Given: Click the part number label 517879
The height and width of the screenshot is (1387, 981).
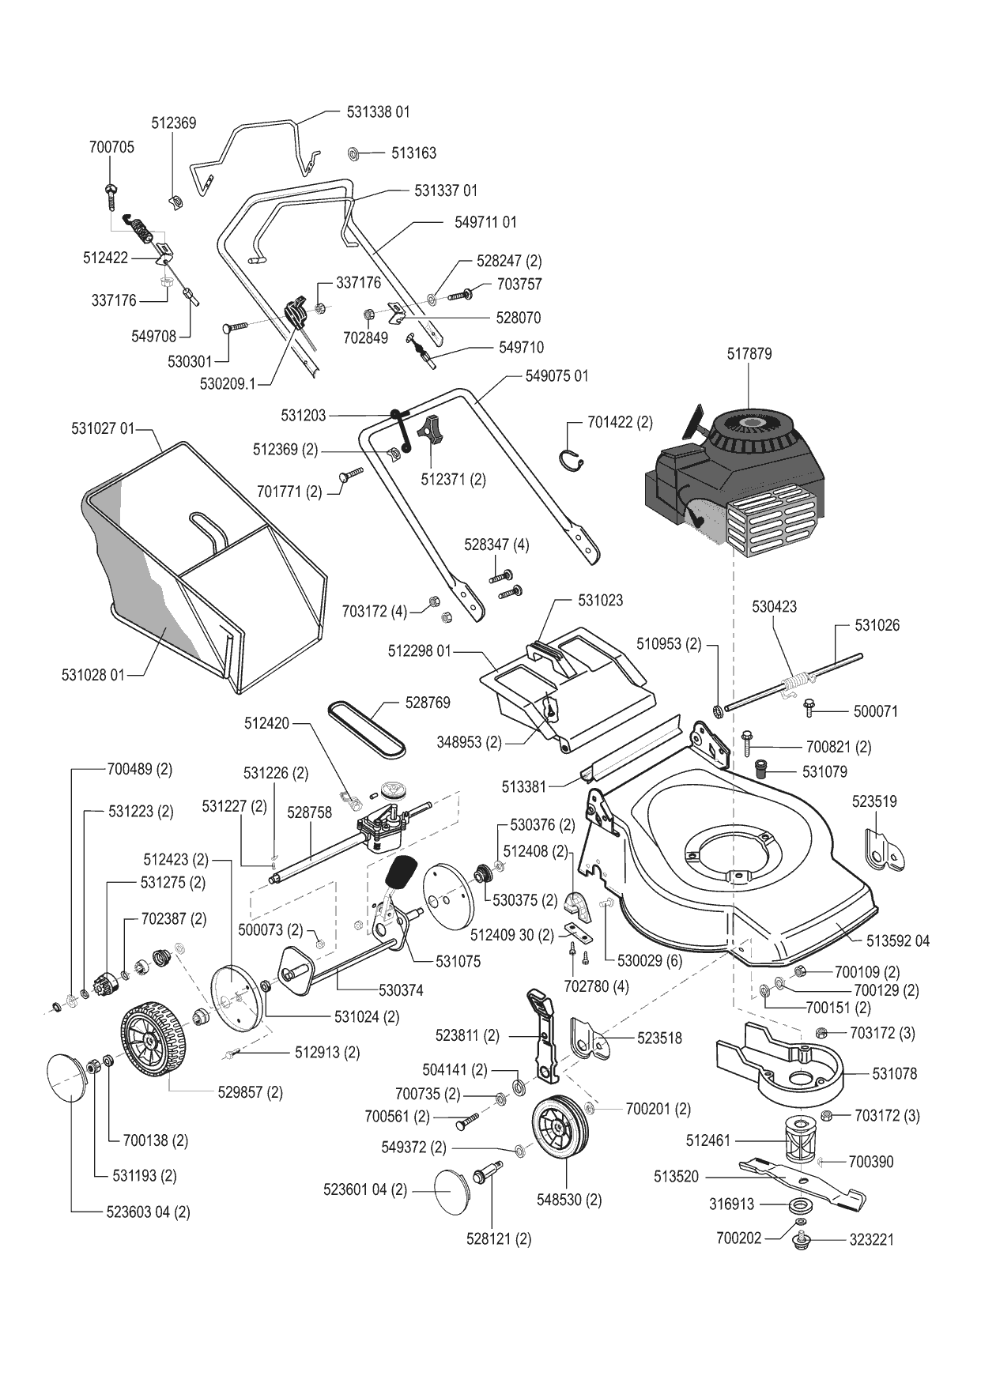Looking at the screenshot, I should click(749, 354).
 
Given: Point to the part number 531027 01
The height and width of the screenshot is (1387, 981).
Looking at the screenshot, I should click(103, 429).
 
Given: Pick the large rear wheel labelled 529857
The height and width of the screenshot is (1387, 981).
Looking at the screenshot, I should click(154, 1040).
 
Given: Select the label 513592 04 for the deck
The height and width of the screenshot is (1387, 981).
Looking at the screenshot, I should click(898, 941).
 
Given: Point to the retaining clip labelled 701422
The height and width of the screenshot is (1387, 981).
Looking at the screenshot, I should click(575, 458).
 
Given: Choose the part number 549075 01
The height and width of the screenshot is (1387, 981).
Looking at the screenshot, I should click(557, 376).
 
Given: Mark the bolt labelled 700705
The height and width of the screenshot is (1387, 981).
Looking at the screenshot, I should click(110, 193).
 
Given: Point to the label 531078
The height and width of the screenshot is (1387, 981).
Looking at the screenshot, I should click(895, 1074).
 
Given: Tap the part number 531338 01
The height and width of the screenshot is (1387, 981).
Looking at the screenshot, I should click(378, 112).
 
